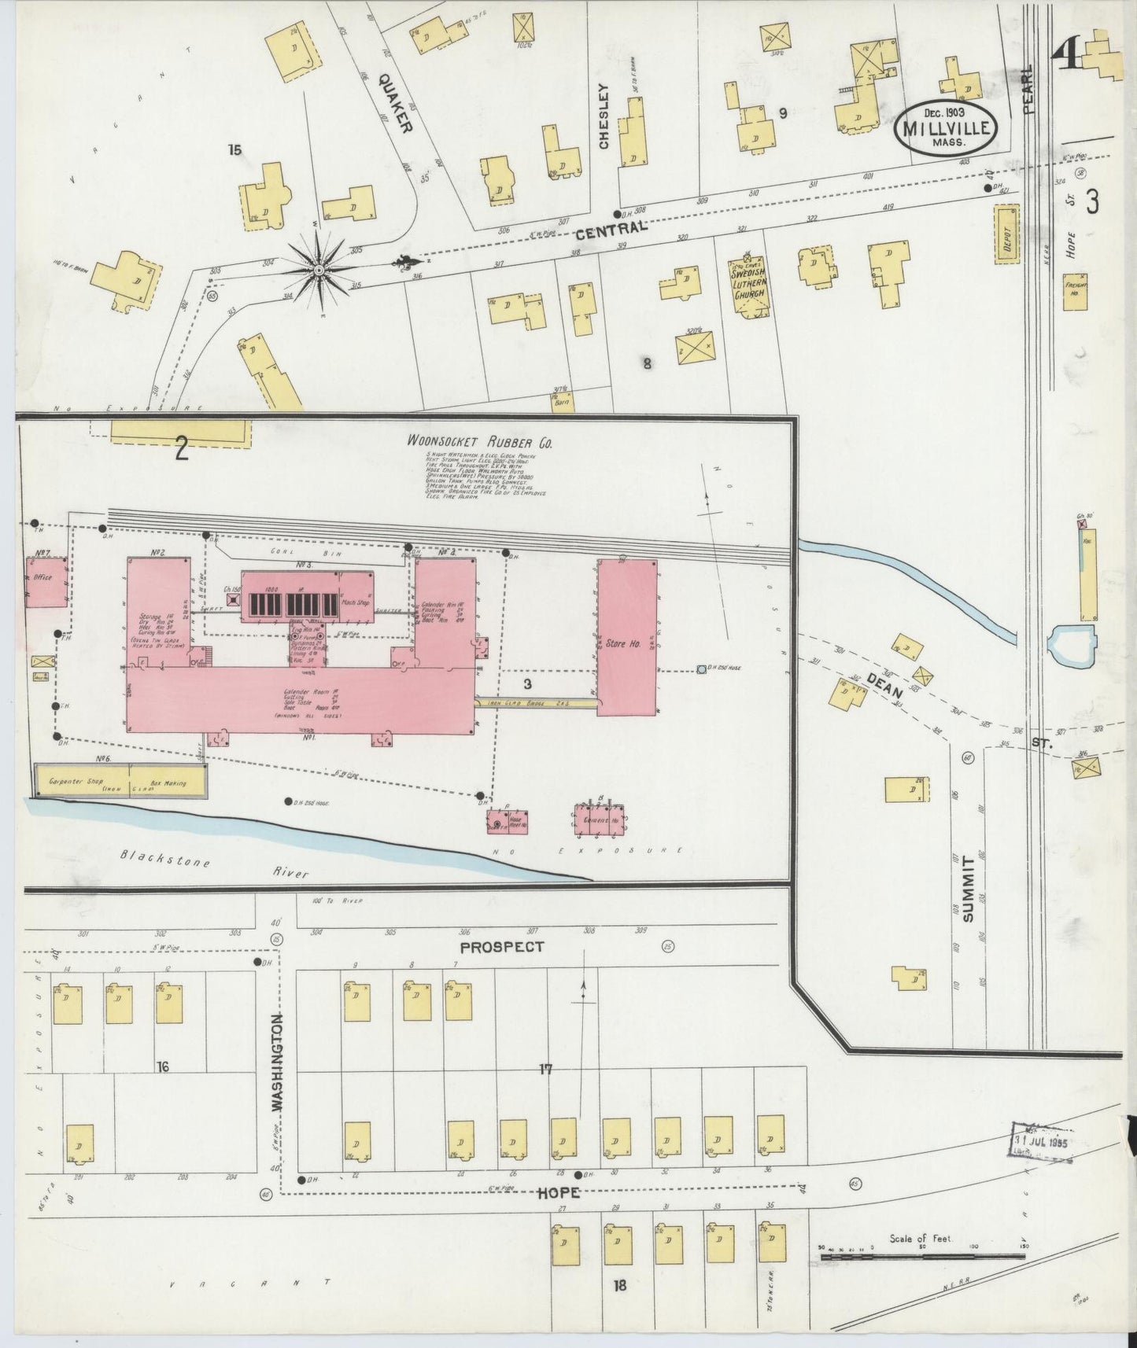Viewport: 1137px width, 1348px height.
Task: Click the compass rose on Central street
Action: pos(319,271)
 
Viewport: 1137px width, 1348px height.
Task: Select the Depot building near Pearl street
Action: pos(1006,235)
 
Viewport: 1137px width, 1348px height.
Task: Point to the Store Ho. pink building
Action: pos(626,638)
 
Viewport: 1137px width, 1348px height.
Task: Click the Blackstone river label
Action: pos(165,861)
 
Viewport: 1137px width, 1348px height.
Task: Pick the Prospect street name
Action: pos(501,947)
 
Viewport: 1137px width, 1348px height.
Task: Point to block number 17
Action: pos(545,1070)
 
